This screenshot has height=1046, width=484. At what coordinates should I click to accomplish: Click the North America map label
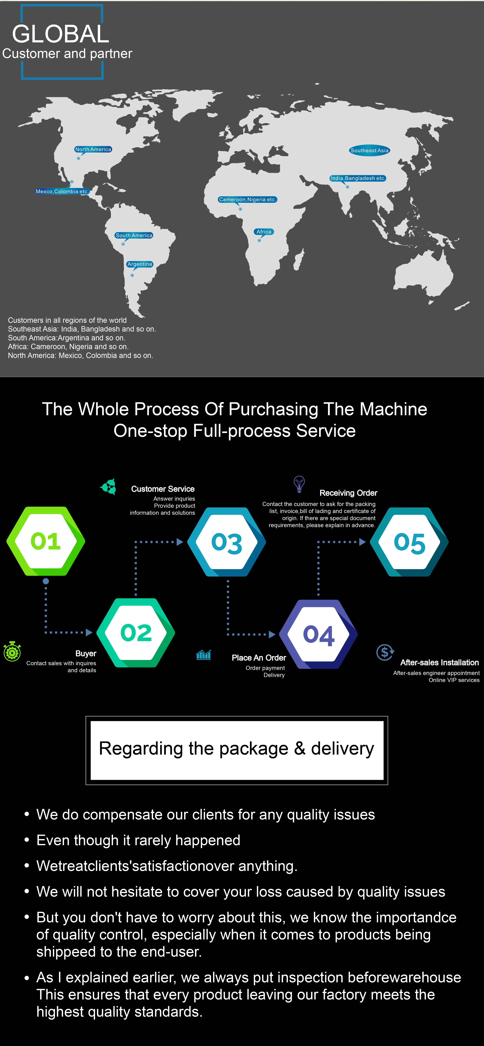point(93,149)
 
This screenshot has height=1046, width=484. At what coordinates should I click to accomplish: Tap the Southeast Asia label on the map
point(369,150)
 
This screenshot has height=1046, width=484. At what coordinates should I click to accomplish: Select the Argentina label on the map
point(140,264)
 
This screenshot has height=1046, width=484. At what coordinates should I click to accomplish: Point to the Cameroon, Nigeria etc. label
point(248,199)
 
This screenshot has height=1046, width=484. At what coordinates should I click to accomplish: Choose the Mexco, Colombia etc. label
point(62,191)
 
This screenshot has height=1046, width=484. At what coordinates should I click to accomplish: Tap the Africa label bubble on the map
point(264,232)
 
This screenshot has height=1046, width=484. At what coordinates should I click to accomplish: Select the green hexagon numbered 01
point(45,541)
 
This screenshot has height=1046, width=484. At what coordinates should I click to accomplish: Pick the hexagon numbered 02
point(136,633)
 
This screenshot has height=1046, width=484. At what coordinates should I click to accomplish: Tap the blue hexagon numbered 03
point(227,542)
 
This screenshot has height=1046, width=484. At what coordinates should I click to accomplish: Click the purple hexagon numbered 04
point(319,634)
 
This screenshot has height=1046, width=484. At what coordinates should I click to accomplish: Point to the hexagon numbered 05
point(409,542)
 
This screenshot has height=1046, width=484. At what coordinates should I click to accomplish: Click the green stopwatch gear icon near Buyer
point(12,651)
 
